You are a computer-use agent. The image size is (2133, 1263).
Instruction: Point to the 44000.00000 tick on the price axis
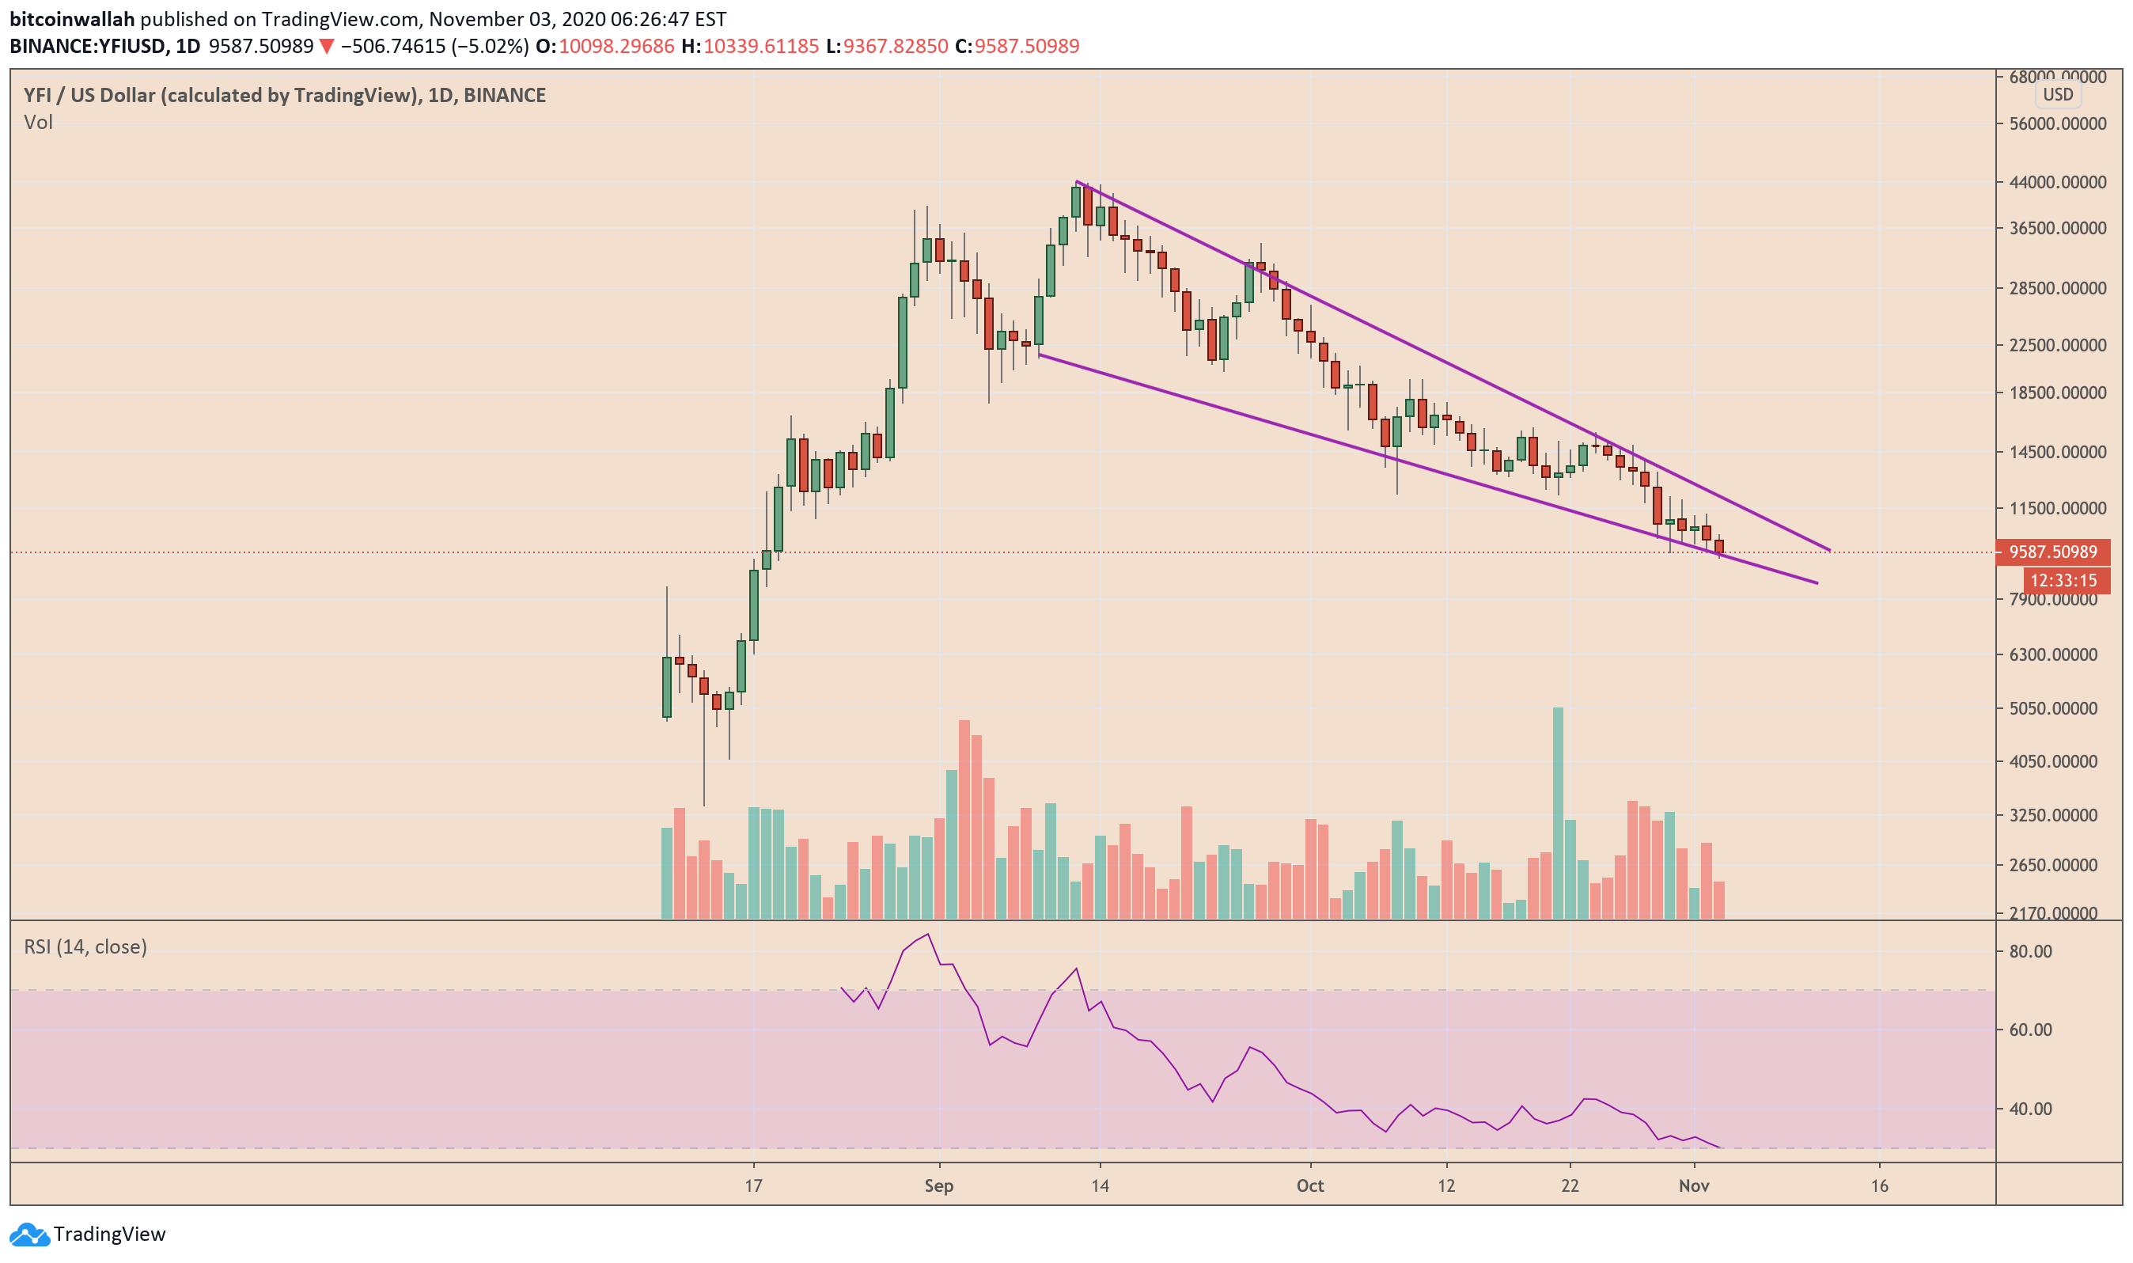(x=2056, y=182)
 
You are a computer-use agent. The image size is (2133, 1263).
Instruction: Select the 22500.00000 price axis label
(x=2056, y=345)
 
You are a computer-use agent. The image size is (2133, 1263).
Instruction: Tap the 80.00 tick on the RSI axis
(x=2030, y=951)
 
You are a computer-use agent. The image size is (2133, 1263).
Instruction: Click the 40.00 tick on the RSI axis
(x=2030, y=1109)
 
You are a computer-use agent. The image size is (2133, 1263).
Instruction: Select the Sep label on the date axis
(x=938, y=1185)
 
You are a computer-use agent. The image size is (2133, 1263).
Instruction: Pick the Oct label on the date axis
(x=1309, y=1185)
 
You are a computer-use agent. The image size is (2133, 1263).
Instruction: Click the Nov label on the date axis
(x=1693, y=1185)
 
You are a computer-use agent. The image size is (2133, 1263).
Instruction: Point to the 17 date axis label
(x=753, y=1185)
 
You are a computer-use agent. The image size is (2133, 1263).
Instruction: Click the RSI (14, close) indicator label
(x=85, y=947)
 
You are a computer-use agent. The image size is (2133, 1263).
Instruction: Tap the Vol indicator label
(x=38, y=123)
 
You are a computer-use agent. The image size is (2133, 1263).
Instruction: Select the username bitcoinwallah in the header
(x=71, y=19)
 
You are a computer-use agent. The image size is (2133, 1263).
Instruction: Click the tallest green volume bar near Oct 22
(x=1557, y=813)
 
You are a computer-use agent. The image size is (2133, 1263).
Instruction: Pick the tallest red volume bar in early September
(x=964, y=819)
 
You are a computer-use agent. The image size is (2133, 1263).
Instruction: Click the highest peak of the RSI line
(x=927, y=935)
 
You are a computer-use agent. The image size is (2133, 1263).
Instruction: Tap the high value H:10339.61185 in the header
(x=749, y=46)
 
